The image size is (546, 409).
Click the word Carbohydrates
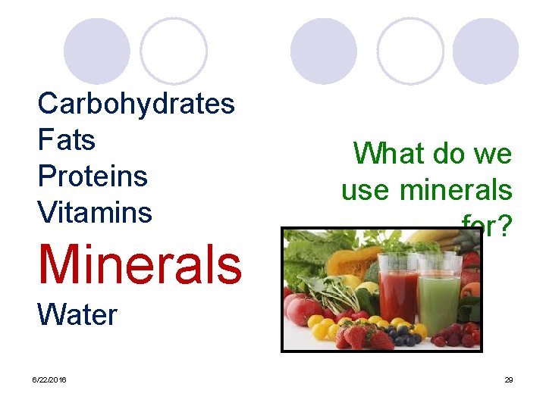tap(136, 104)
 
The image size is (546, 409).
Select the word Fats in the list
tap(67, 140)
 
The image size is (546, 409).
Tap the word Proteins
tap(93, 176)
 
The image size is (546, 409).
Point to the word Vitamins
tap(95, 213)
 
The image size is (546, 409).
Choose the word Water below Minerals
tap(77, 314)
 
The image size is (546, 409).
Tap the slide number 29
tap(509, 379)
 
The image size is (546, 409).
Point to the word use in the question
tap(367, 190)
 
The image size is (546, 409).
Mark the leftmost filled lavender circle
tap(96, 51)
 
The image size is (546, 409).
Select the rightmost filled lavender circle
tap(486, 51)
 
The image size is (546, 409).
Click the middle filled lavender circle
tap(324, 51)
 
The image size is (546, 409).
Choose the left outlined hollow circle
tap(174, 51)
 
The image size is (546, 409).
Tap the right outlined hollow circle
tap(410, 51)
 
